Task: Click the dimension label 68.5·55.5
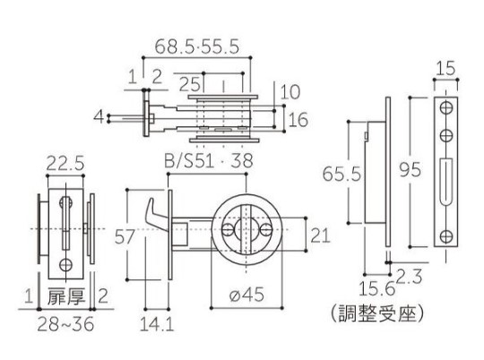click(197, 47)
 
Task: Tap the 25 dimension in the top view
click(189, 83)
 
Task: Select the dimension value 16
click(298, 120)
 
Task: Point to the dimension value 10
click(290, 91)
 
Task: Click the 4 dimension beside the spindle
click(99, 117)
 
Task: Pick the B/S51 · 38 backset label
click(209, 160)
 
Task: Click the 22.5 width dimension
click(65, 163)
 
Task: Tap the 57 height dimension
click(125, 236)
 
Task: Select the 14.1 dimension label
click(157, 324)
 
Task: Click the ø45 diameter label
click(247, 295)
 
